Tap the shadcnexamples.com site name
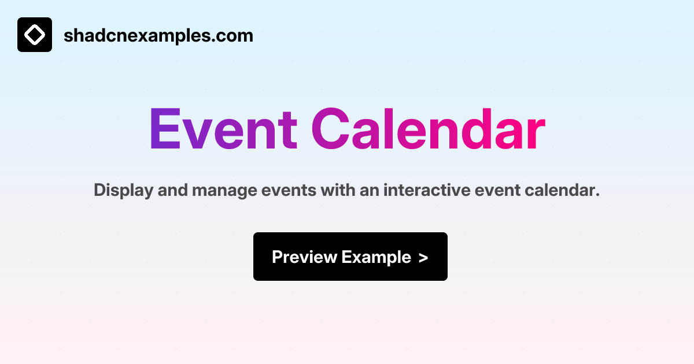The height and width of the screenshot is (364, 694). click(158, 36)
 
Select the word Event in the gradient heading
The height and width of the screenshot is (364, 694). click(223, 130)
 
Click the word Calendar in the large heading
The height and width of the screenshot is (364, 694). click(428, 130)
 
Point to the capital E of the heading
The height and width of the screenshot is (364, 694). click(165, 130)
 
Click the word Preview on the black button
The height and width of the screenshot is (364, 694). click(304, 257)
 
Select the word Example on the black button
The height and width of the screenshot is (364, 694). click(376, 257)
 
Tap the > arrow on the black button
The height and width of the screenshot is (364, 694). click(423, 258)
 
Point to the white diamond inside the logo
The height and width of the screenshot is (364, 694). click(35, 35)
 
